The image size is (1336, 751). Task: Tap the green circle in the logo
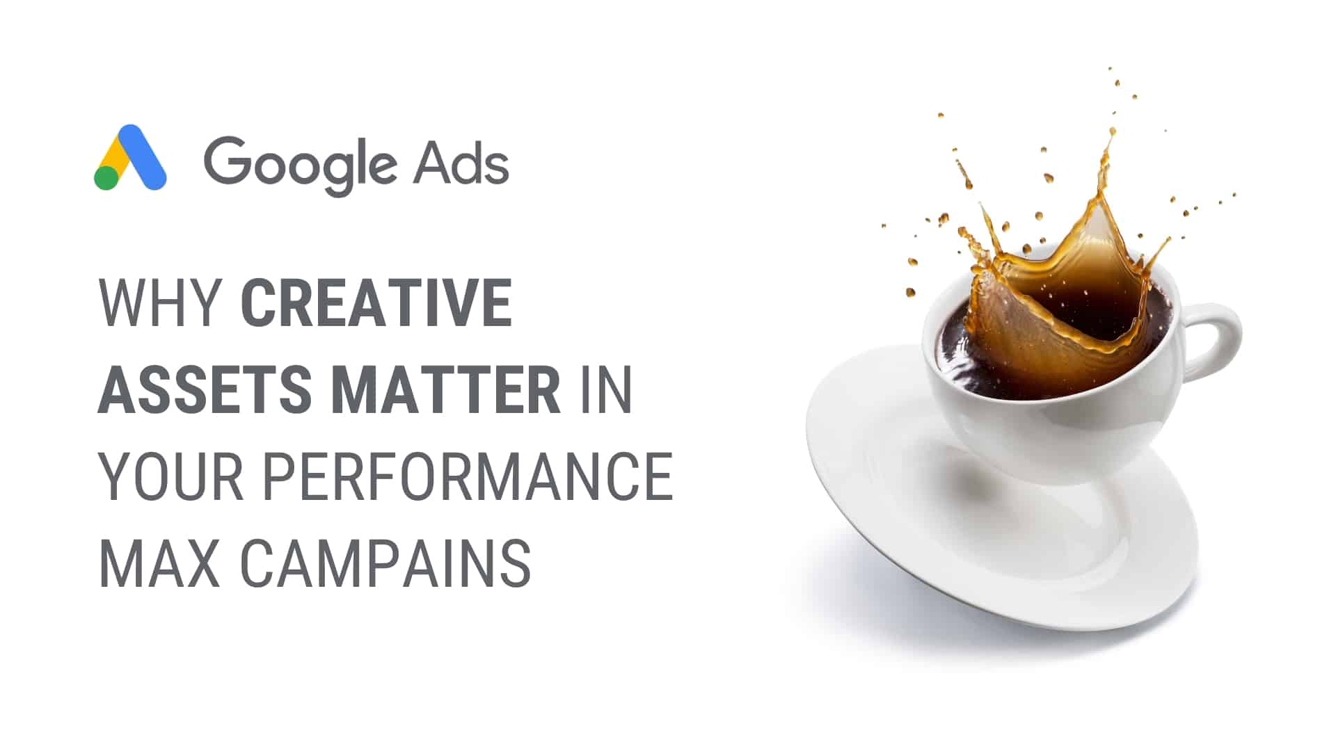click(x=106, y=177)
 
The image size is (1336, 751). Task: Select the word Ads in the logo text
click(x=461, y=162)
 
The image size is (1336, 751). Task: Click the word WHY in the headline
click(x=160, y=304)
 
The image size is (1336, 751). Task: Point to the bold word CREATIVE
click(x=376, y=304)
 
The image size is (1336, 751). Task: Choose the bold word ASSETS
click(x=205, y=389)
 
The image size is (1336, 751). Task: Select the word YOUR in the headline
click(x=171, y=476)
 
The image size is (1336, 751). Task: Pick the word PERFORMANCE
click(x=468, y=476)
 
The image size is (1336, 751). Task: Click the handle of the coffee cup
click(x=1214, y=341)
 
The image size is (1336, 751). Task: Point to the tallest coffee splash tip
click(x=1112, y=132)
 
